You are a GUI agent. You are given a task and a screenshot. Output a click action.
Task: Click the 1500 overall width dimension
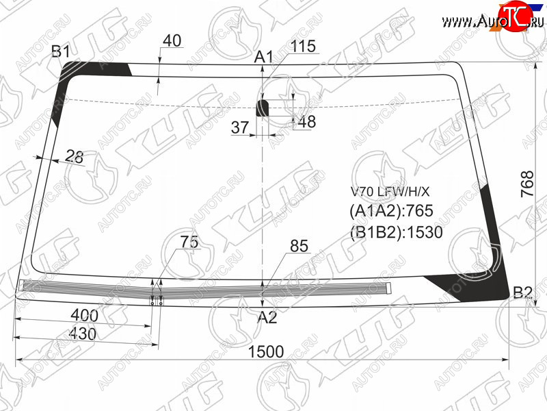(x=266, y=351)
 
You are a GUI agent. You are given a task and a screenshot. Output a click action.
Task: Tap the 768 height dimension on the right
(x=527, y=184)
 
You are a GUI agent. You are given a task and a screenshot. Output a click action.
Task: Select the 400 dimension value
(x=84, y=316)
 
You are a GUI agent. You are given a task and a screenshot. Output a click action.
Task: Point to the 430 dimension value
(x=83, y=334)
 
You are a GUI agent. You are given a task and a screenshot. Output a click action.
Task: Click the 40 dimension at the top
(x=172, y=40)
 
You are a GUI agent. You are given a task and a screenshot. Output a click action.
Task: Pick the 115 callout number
(x=303, y=46)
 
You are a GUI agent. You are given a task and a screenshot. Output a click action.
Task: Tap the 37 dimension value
(x=240, y=127)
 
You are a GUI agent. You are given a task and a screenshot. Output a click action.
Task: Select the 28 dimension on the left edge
(x=75, y=156)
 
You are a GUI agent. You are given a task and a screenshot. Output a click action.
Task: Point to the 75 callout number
(x=189, y=242)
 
